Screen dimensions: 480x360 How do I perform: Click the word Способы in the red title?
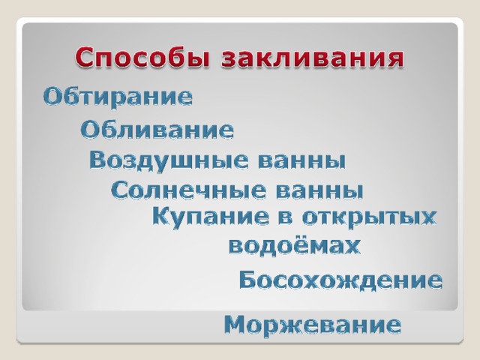(142, 57)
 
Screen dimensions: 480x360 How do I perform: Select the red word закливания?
(313, 57)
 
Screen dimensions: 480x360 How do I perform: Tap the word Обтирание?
(118, 97)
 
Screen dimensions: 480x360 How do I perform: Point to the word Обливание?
(157, 130)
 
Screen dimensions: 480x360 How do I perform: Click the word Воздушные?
(169, 160)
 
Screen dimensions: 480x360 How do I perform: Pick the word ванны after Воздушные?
(301, 162)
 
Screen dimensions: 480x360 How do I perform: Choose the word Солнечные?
(188, 190)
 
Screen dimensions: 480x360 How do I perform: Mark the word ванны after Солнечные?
(319, 191)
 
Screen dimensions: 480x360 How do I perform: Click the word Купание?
(211, 217)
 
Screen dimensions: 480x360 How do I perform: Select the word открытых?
(369, 218)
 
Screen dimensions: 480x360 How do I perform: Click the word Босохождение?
(340, 280)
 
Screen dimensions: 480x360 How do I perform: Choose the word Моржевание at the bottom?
(313, 325)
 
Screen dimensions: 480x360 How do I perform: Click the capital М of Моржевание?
(236, 325)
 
